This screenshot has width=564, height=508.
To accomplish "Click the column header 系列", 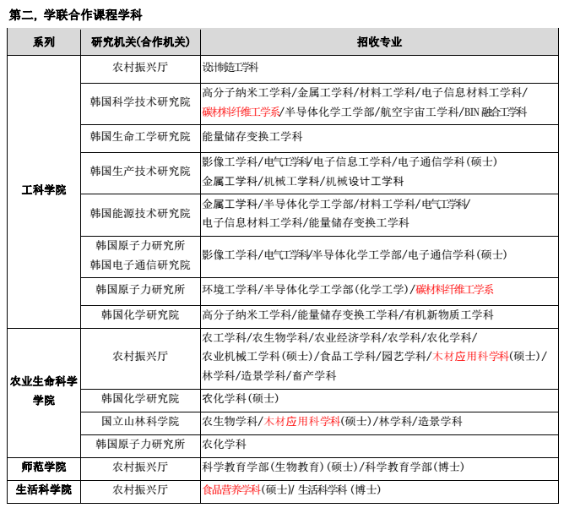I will (44, 42).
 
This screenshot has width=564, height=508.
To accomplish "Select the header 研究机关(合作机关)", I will (140, 42).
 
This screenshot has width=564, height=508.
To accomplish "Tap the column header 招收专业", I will (379, 42).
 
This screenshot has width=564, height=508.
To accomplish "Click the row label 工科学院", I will (44, 191).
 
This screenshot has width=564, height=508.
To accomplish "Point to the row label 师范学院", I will (44, 467).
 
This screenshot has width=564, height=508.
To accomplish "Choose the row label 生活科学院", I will (44, 489).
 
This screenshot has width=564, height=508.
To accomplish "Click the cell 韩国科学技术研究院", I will (140, 101).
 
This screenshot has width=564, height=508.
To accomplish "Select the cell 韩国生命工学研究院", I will (140, 136).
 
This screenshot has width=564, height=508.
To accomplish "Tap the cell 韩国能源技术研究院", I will (140, 213).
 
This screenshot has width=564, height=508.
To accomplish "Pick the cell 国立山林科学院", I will (140, 421).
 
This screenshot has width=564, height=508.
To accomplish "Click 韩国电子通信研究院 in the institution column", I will (140, 265).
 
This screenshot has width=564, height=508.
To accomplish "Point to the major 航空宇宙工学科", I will (417, 112).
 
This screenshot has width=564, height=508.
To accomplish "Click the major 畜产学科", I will (312, 375).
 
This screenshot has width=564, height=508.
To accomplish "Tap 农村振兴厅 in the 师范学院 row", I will (140, 467).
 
